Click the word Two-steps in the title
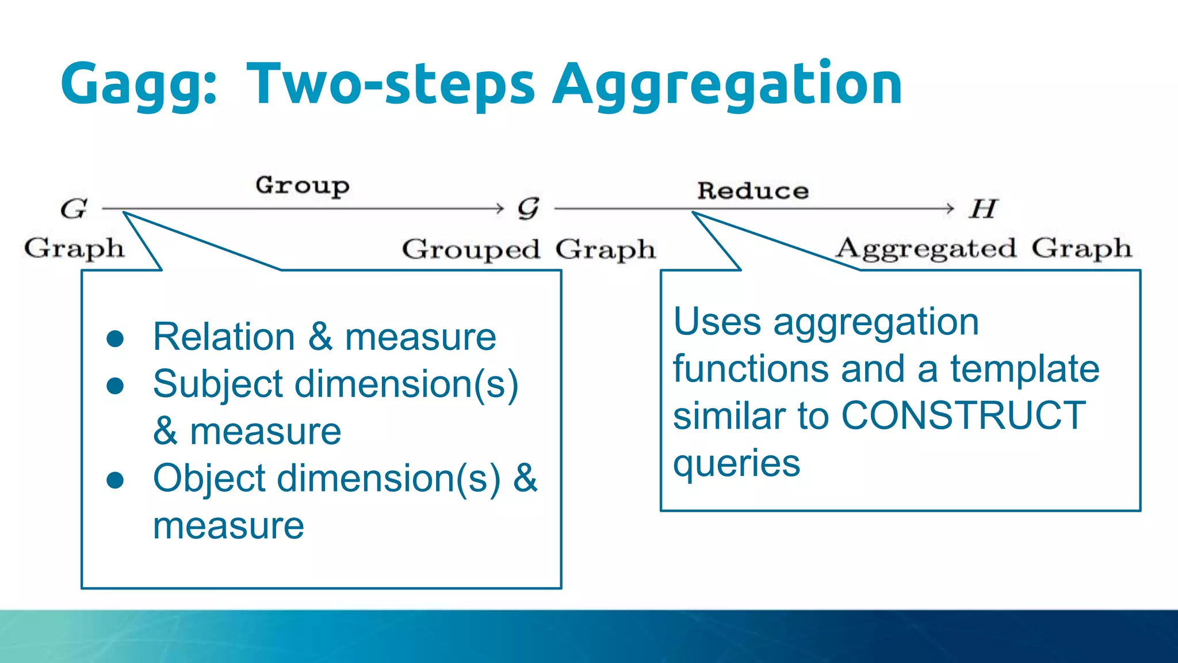click(391, 84)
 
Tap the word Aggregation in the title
click(727, 85)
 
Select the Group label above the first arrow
click(303, 186)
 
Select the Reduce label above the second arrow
click(753, 190)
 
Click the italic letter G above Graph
click(74, 208)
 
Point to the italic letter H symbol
click(983, 208)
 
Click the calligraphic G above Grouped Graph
click(528, 208)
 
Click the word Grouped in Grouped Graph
click(471, 250)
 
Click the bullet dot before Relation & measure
click(116, 338)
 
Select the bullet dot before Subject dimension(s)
click(116, 386)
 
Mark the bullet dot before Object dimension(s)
click(116, 480)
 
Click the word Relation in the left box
click(224, 337)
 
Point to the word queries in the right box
click(736, 463)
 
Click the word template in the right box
click(1024, 368)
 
